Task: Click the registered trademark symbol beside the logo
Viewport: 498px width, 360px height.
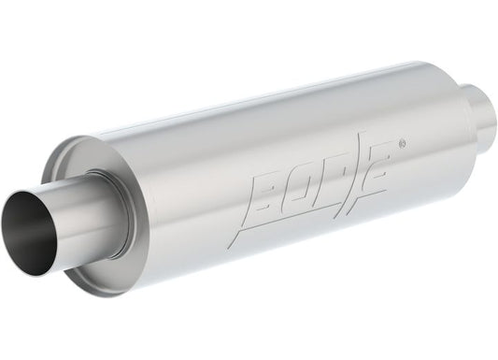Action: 402,144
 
